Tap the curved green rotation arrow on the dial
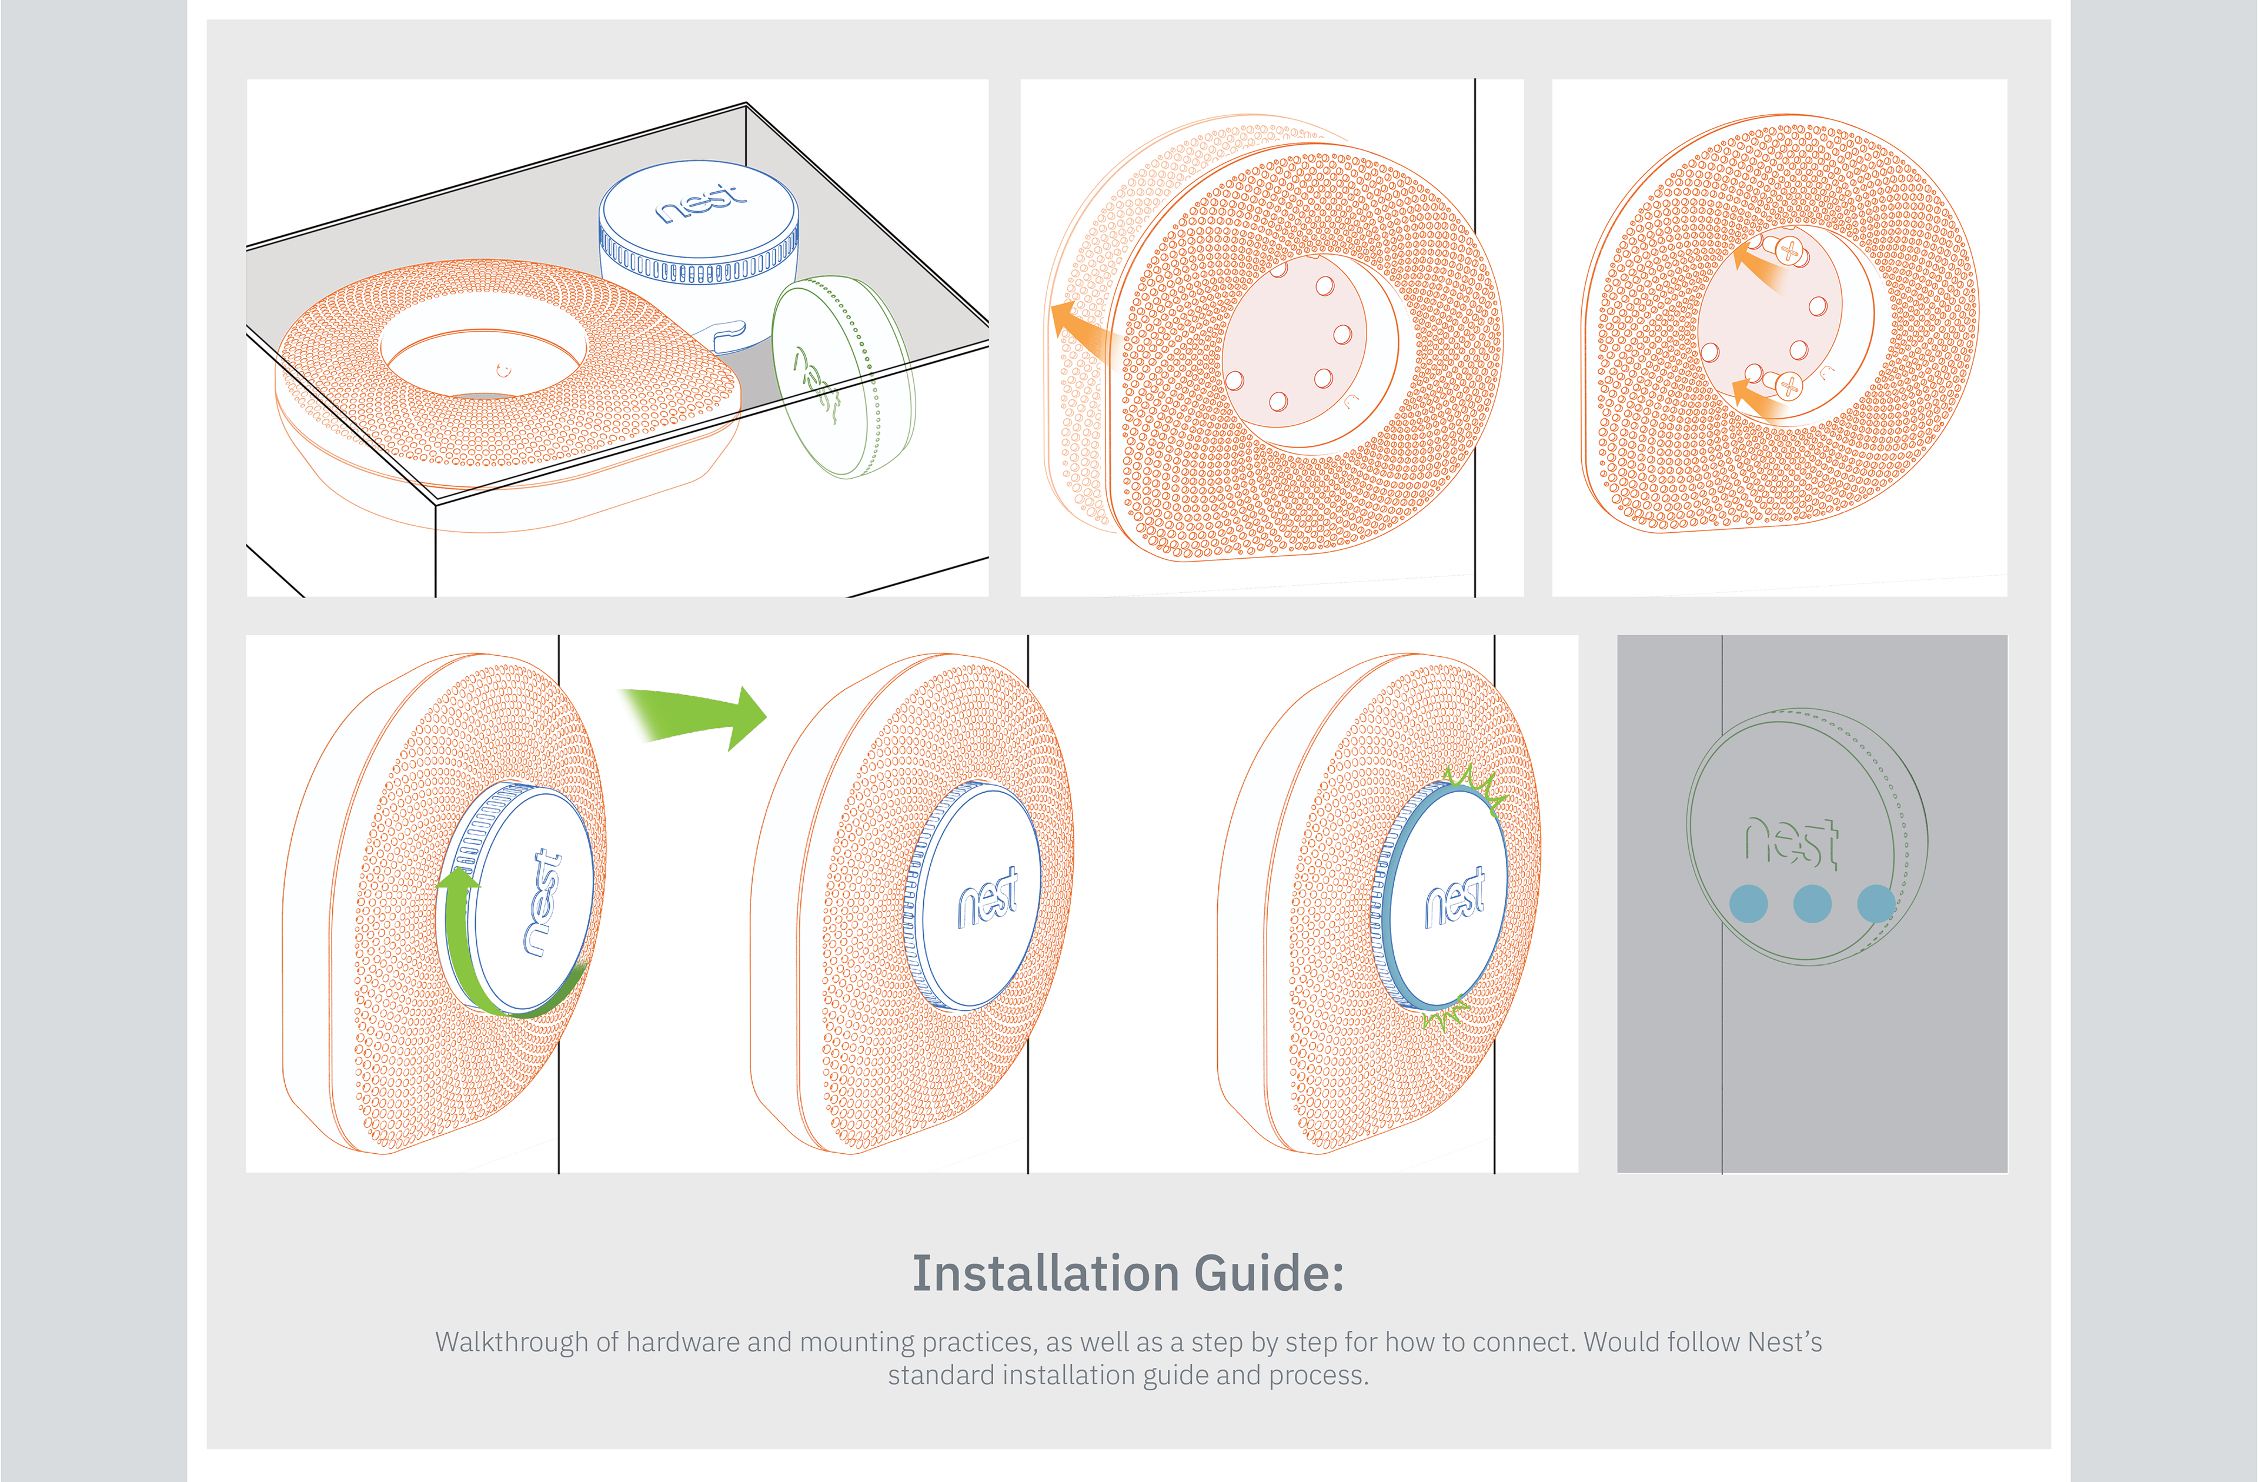465,949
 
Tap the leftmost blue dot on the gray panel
1749,903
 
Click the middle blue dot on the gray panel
1812,903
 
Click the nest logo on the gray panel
1791,842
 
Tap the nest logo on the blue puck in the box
700,202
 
